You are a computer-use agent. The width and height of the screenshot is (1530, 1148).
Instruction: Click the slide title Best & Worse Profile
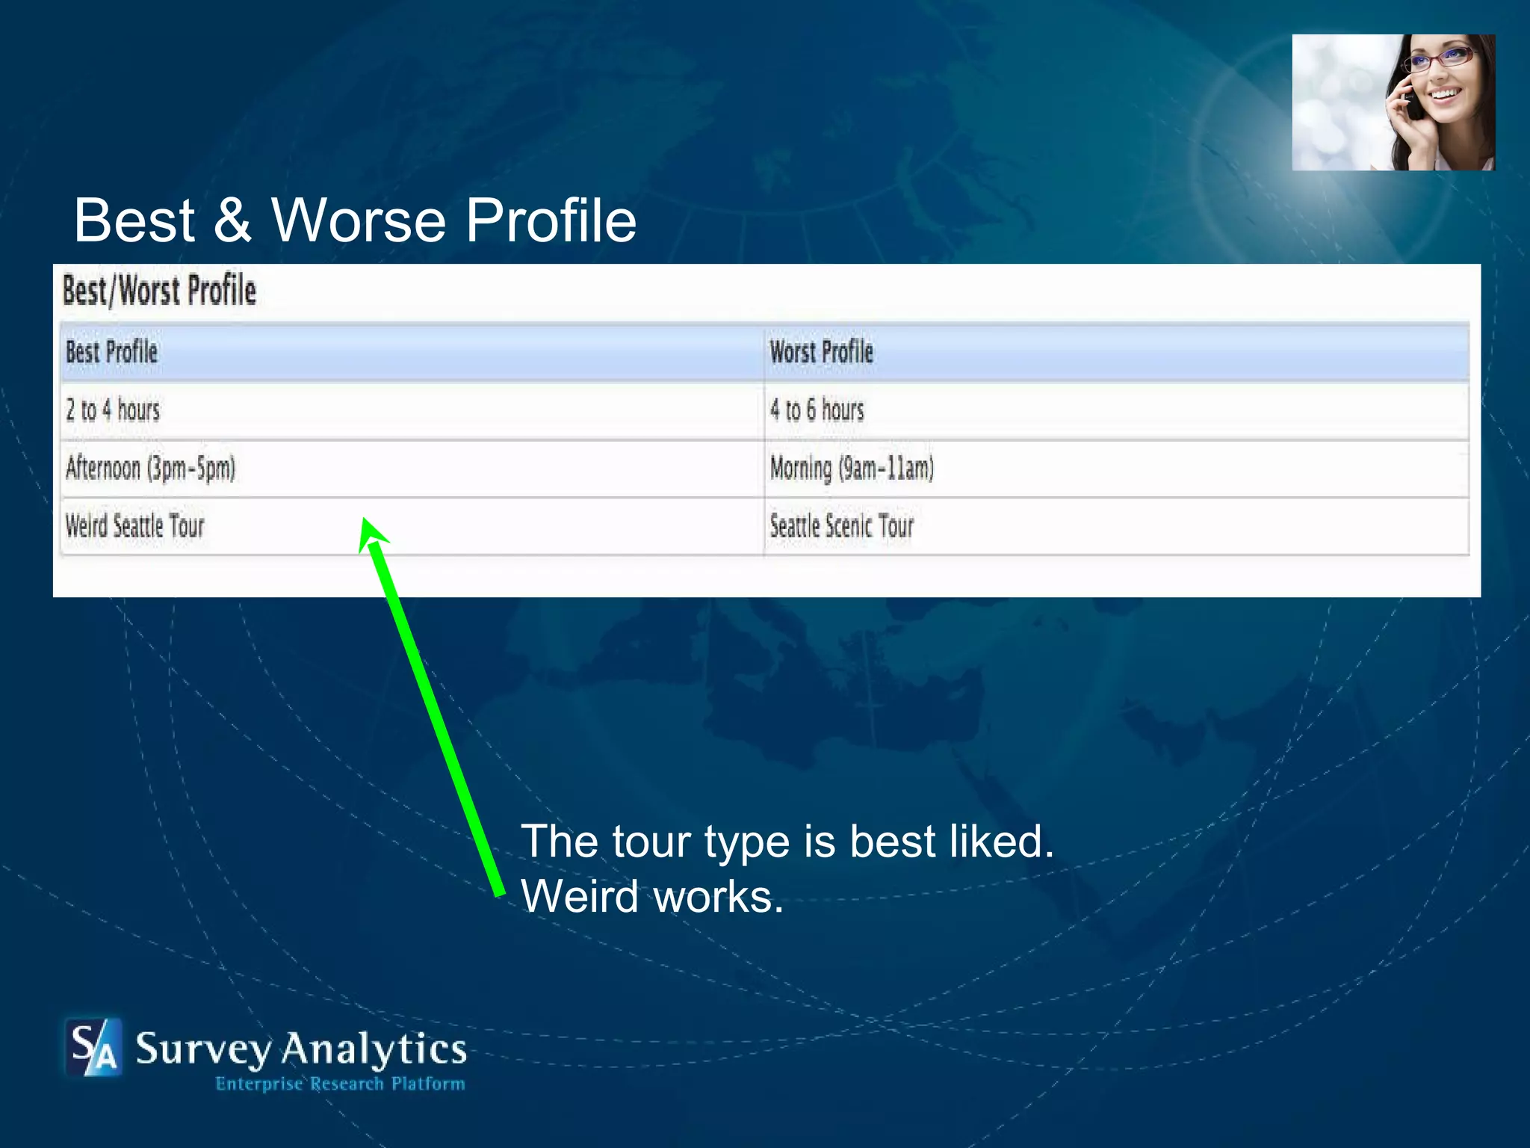[x=355, y=220]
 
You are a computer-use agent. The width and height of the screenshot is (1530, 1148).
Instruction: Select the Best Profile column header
[x=112, y=352]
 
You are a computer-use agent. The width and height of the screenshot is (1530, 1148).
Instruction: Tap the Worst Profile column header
[x=821, y=352]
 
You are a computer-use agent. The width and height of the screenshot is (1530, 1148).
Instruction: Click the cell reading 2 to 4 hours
[x=113, y=410]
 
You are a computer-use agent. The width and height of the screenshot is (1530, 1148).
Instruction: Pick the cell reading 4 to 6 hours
[x=817, y=410]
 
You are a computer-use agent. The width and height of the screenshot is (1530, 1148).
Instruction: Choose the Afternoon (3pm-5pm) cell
[x=150, y=469]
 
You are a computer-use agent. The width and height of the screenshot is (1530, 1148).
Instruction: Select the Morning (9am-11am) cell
[x=852, y=469]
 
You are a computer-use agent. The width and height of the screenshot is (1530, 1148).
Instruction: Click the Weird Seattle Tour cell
[x=134, y=526]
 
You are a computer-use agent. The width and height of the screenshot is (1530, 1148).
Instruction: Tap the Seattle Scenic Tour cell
[x=841, y=526]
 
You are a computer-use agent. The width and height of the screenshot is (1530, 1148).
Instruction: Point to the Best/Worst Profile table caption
[x=159, y=291]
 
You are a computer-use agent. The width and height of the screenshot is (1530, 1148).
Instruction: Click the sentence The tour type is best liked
[x=787, y=842]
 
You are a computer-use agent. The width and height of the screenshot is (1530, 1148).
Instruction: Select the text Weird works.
[x=652, y=896]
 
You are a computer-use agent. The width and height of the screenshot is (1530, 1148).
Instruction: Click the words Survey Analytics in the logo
[x=301, y=1049]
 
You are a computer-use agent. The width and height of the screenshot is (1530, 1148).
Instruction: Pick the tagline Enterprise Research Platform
[x=340, y=1084]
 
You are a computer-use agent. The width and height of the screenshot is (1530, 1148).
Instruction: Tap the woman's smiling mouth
[x=1446, y=95]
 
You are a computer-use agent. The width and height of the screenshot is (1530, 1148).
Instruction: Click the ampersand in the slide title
[x=232, y=220]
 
